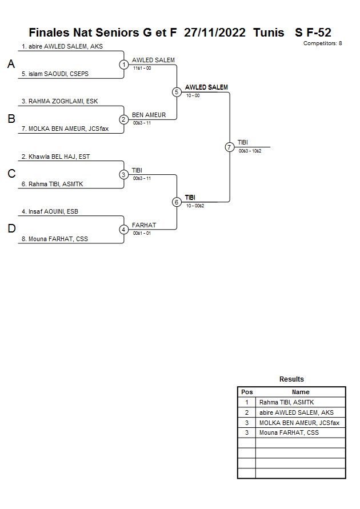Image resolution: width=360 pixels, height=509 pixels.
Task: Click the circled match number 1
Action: (124, 65)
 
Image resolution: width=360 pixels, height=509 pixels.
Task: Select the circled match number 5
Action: (177, 92)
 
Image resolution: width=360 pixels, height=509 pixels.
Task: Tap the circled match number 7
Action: (230, 147)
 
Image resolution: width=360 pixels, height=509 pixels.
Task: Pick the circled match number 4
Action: (124, 230)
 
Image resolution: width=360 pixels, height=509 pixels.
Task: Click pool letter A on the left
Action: (11, 65)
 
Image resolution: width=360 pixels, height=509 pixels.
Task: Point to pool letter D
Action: (11, 229)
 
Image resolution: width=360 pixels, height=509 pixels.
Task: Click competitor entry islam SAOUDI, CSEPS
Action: (55, 74)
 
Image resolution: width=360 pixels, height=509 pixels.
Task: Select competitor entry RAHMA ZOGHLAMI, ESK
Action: (59, 101)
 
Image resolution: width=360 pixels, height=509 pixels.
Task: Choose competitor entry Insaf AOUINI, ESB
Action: (50, 211)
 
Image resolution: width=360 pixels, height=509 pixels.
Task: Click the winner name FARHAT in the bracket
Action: (144, 225)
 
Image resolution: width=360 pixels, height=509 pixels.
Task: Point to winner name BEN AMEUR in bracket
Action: (149, 115)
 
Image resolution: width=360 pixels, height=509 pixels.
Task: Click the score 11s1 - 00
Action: (142, 68)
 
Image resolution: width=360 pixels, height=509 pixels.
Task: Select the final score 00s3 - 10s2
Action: (250, 150)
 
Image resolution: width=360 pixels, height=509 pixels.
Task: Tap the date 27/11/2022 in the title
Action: (215, 33)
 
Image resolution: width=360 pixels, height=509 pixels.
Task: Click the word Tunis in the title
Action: (269, 33)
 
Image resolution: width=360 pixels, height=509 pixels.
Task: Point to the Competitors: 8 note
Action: (322, 43)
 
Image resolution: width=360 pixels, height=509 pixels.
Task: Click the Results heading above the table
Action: (291, 379)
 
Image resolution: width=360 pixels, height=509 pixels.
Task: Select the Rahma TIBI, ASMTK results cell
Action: (286, 402)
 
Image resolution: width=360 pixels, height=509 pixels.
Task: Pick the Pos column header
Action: (247, 392)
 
